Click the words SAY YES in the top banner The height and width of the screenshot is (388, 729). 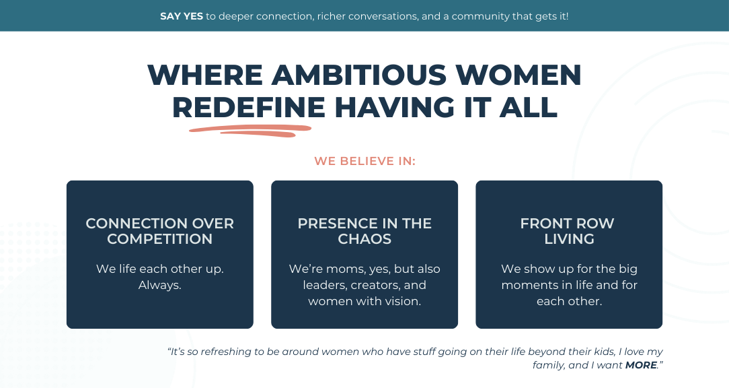pyautogui.click(x=182, y=16)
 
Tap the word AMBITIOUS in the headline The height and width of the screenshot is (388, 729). pyautogui.click(x=359, y=75)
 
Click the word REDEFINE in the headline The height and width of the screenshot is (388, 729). pyautogui.click(x=249, y=107)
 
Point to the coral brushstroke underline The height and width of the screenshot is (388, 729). pyautogui.click(x=250, y=131)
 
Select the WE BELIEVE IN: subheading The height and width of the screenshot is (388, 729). pyautogui.click(x=364, y=161)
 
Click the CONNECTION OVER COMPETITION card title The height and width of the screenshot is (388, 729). pyautogui.click(x=160, y=231)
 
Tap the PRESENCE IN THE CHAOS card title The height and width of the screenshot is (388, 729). pyautogui.click(x=364, y=231)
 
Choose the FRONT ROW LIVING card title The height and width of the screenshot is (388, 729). pyautogui.click(x=568, y=231)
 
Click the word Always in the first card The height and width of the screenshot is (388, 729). pyautogui.click(x=159, y=285)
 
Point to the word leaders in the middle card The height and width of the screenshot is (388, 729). pyautogui.click(x=325, y=285)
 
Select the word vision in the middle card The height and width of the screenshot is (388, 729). pyautogui.click(x=403, y=301)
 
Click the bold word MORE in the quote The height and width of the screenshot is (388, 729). pyautogui.click(x=641, y=365)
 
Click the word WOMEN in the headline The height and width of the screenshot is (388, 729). pyautogui.click(x=519, y=75)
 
